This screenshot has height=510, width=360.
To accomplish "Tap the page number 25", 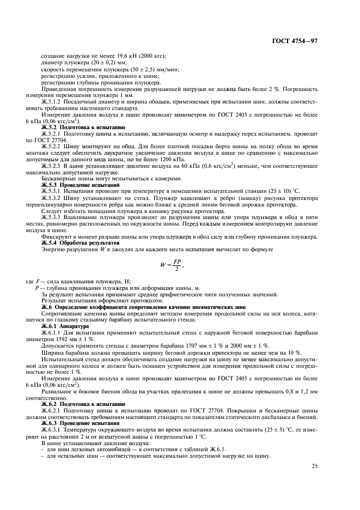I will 314,466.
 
